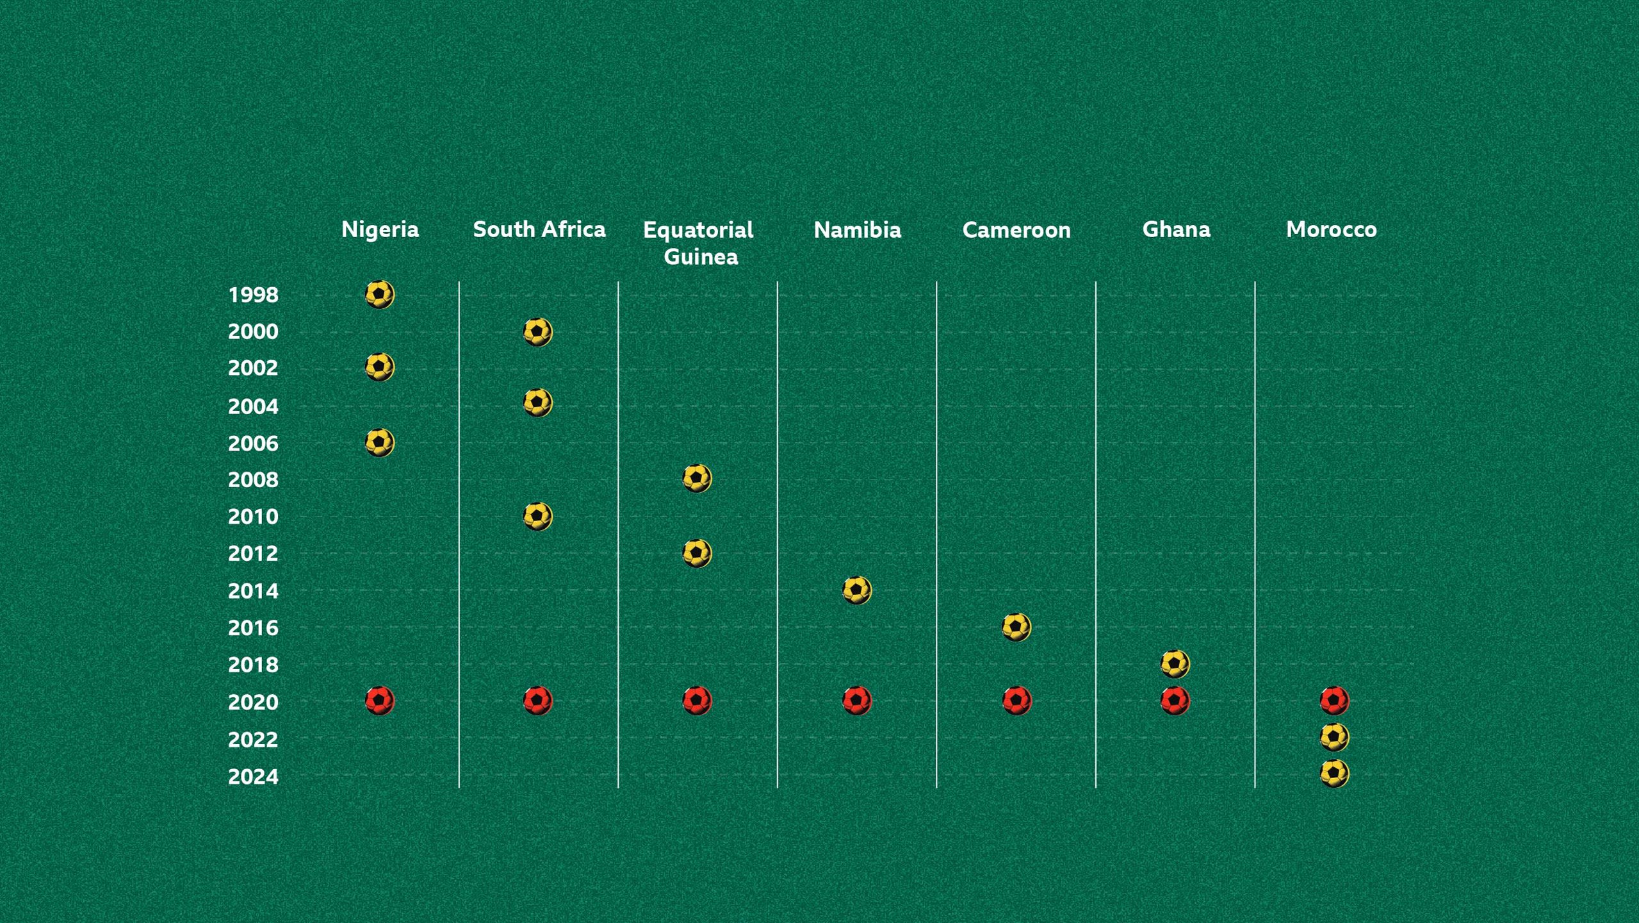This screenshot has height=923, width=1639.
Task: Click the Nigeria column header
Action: pyautogui.click(x=380, y=229)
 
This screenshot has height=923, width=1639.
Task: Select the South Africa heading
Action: pyautogui.click(x=539, y=229)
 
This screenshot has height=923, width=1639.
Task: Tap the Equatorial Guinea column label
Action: pyautogui.click(x=698, y=243)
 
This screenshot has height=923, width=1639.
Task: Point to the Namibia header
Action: pyautogui.click(x=857, y=229)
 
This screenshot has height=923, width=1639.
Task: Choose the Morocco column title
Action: pyautogui.click(x=1331, y=229)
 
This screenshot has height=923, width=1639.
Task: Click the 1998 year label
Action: pyautogui.click(x=253, y=295)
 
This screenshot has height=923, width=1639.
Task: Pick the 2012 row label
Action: pyautogui.click(x=253, y=554)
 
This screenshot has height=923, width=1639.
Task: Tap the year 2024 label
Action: pyautogui.click(x=253, y=777)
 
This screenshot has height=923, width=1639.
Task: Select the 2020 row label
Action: pyautogui.click(x=253, y=703)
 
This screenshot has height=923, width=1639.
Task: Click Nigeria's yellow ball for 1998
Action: pyautogui.click(x=380, y=295)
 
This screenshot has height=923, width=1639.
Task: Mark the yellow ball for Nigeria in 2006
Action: pyautogui.click(x=380, y=443)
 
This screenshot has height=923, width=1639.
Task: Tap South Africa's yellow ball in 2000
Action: pyautogui.click(x=538, y=332)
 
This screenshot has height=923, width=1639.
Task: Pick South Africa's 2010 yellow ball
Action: pyautogui.click(x=538, y=517)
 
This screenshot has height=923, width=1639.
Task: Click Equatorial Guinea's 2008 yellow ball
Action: pyautogui.click(x=697, y=479)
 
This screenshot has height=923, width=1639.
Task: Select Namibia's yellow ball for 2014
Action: pyautogui.click(x=857, y=590)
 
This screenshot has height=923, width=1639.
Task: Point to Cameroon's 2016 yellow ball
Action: pyautogui.click(x=1016, y=628)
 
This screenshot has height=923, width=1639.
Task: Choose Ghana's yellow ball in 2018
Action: pyautogui.click(x=1175, y=664)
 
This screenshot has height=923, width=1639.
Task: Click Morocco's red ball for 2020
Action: pyautogui.click(x=1335, y=701)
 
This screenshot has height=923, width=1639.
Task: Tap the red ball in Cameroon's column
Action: pyautogui.click(x=1017, y=701)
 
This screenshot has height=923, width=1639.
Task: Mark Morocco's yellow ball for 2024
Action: pyautogui.click(x=1335, y=774)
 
